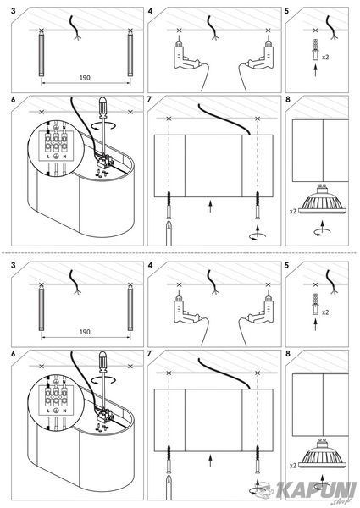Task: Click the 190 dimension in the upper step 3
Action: pyautogui.click(x=85, y=78)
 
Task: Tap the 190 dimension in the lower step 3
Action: pyautogui.click(x=85, y=332)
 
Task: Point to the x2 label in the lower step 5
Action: pyautogui.click(x=325, y=312)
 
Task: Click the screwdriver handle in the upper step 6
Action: pyautogui.click(x=103, y=107)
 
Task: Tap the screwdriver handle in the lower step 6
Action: pyautogui.click(x=103, y=362)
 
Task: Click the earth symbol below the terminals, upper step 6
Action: pyautogui.click(x=56, y=156)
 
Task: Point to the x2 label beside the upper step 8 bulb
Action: pyautogui.click(x=292, y=211)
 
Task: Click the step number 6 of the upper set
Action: pyautogui.click(x=14, y=100)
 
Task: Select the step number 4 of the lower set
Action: pyautogui.click(x=150, y=266)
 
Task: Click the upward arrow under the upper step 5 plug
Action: pyautogui.click(x=316, y=70)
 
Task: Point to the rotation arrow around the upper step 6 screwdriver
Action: pyautogui.click(x=103, y=126)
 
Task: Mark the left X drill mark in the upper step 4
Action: pyautogui.click(x=179, y=30)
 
